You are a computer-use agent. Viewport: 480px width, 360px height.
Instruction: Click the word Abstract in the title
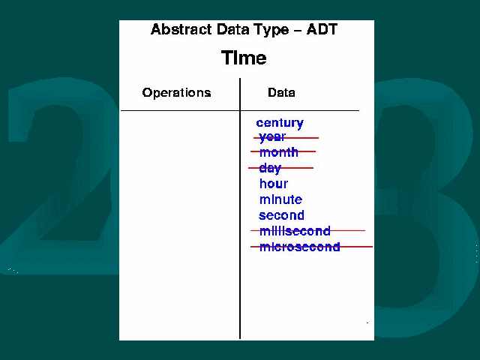tap(181, 29)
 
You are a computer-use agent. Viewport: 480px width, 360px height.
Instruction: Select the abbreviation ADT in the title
tap(322, 29)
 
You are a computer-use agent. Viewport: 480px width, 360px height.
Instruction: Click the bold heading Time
tap(244, 58)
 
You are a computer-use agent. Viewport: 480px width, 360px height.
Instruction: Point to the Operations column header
tap(177, 92)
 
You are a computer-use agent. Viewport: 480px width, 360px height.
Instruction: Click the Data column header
tap(281, 92)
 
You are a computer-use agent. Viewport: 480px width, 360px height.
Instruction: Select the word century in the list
tap(280, 123)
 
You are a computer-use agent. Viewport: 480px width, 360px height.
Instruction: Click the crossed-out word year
tap(272, 137)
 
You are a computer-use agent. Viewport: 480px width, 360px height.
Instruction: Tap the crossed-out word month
tap(278, 152)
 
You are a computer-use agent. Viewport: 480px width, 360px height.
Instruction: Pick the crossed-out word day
tap(270, 168)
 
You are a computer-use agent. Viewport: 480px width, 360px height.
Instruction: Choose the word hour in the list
tap(274, 184)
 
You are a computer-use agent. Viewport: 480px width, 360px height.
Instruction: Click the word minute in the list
tap(280, 199)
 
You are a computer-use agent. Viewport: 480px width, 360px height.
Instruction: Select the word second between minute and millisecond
tap(282, 215)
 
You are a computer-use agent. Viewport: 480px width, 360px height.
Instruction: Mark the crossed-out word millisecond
tap(295, 231)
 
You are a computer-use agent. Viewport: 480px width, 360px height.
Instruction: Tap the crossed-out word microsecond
tap(300, 247)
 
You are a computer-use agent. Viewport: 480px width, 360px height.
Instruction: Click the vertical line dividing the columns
tap(240, 208)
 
